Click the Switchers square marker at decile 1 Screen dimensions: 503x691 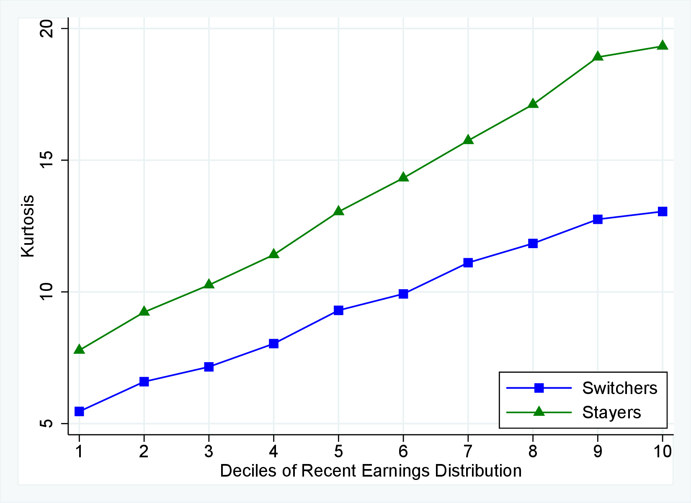click(79, 411)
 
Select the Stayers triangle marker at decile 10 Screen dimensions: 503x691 click(662, 45)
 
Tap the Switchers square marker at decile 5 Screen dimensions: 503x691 click(338, 310)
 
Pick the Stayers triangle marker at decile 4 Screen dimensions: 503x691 click(273, 254)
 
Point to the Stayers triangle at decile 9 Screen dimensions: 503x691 click(598, 56)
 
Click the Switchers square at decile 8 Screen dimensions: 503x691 click(533, 243)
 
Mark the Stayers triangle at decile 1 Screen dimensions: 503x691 click(79, 349)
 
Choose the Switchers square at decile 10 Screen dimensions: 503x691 click(662, 211)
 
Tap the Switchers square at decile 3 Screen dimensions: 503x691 click(209, 367)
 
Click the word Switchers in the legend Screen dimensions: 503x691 click(619, 388)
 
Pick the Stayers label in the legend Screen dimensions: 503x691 click(611, 412)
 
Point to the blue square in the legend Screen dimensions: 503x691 click(539, 388)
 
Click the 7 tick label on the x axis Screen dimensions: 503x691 click(468, 451)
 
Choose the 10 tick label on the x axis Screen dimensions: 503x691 click(662, 451)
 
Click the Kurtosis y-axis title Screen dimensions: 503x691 click(28, 226)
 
